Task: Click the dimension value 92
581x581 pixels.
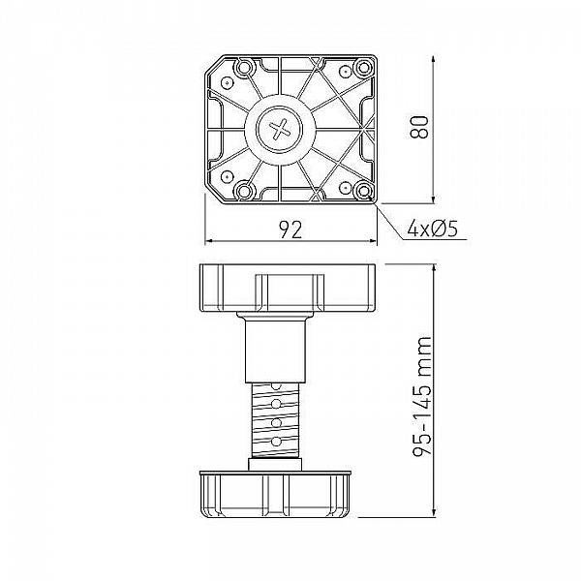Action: pyautogui.click(x=290, y=229)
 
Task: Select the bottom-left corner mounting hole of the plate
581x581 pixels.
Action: pyautogui.click(x=228, y=178)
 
